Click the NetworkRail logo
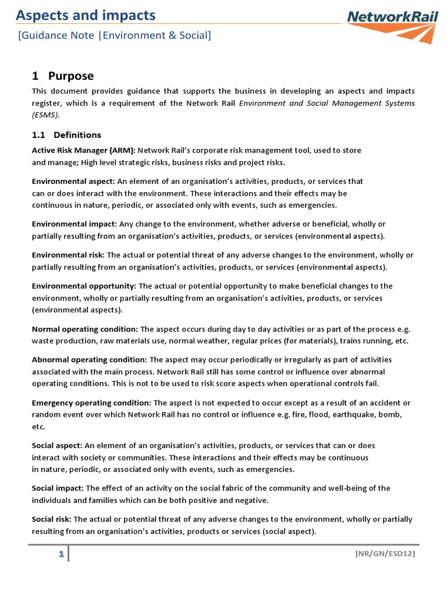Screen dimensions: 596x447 [x=393, y=24]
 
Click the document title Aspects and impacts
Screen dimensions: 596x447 [x=86, y=15]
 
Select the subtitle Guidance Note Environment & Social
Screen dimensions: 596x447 [x=115, y=36]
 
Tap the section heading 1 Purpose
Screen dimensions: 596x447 [x=63, y=76]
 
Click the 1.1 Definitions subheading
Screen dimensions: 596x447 [x=66, y=135]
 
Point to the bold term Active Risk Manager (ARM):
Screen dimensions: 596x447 [x=83, y=150]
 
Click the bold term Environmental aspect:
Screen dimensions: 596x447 [x=73, y=181]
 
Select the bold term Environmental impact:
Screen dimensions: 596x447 [x=74, y=223]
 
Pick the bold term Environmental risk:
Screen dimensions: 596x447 [x=68, y=255]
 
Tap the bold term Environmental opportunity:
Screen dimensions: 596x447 [x=84, y=286]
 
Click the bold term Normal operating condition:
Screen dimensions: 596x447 [x=85, y=329]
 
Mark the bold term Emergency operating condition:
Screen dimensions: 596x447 [x=91, y=403]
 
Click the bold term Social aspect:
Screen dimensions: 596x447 [x=57, y=445]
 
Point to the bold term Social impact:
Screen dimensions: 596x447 [x=58, y=488]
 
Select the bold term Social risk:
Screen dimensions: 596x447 [x=52, y=519]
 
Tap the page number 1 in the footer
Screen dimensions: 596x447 [x=60, y=554]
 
